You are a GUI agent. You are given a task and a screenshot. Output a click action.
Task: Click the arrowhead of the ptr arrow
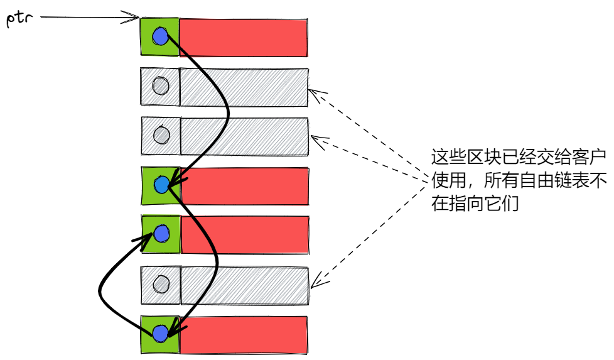(x=134, y=17)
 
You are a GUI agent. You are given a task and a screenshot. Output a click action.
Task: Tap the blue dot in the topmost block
(x=160, y=37)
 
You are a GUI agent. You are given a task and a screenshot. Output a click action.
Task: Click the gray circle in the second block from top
(x=161, y=86)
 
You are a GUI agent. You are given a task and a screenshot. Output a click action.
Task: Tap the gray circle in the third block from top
(x=161, y=135)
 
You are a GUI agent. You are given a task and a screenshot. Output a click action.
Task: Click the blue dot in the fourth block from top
(x=161, y=185)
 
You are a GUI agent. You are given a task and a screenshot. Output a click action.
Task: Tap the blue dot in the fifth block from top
(x=161, y=234)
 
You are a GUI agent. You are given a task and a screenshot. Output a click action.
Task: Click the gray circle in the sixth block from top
(x=161, y=284)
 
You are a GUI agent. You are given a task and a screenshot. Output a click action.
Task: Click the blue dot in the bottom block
(x=160, y=333)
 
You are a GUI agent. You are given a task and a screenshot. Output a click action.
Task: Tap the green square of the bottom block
(x=149, y=342)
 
